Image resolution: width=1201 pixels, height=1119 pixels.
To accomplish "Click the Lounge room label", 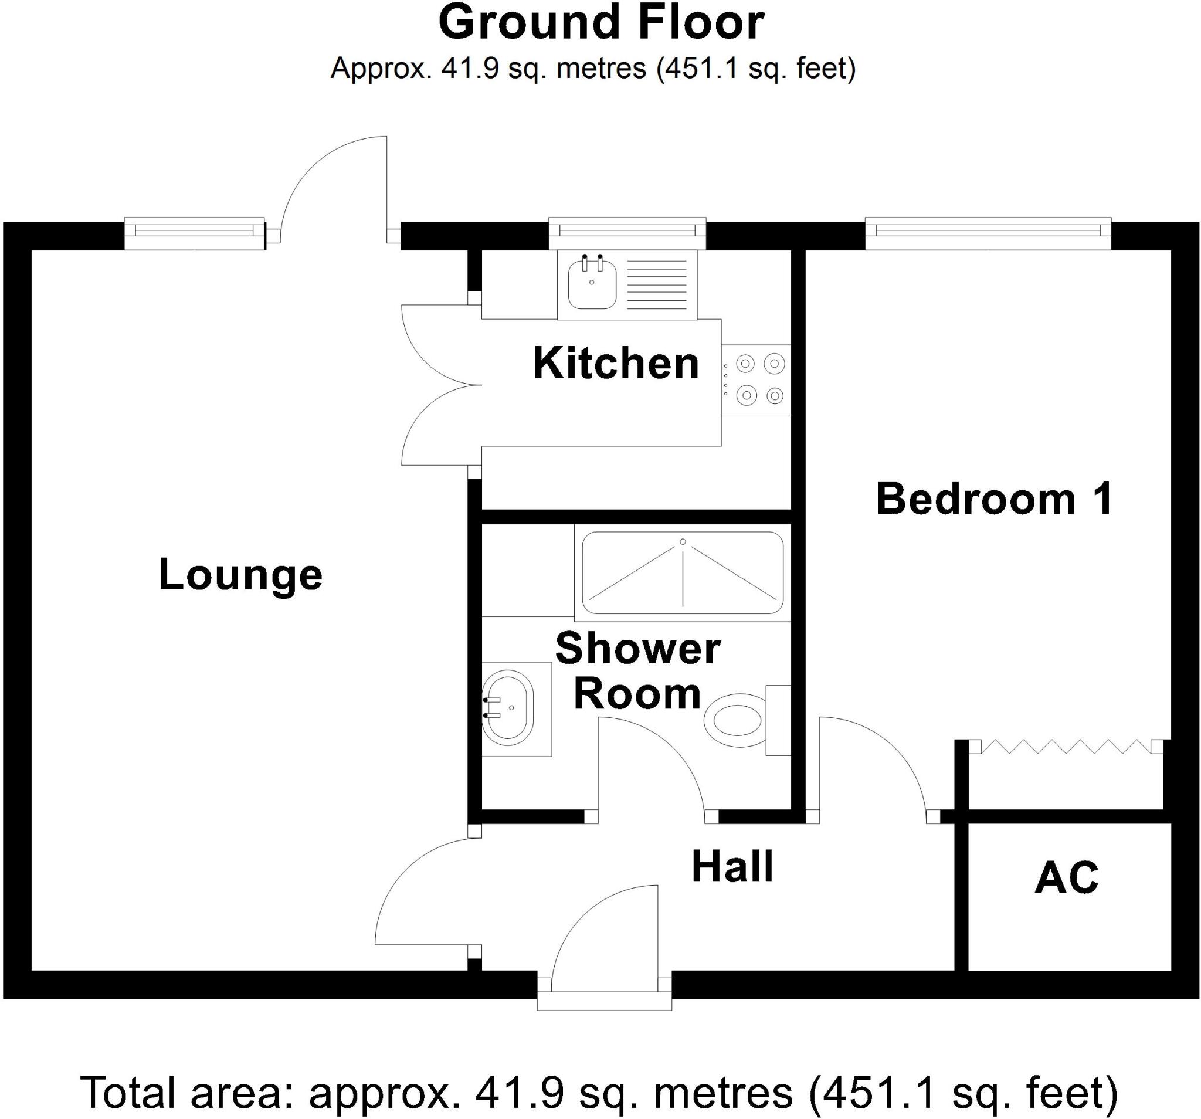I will click(240, 575).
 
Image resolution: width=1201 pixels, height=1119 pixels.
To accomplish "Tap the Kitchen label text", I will click(616, 363).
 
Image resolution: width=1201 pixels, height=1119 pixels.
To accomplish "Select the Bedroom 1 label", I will click(994, 499).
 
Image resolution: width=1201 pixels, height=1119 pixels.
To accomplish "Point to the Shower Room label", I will click(637, 671).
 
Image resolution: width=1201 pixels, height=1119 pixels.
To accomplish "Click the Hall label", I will click(732, 867).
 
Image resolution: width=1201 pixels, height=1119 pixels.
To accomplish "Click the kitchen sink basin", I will click(592, 283).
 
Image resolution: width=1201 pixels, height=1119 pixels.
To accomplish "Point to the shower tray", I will click(683, 572).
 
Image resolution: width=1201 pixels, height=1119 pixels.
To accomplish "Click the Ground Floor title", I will click(600, 23).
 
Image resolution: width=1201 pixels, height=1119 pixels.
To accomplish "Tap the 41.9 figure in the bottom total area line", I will click(519, 1093).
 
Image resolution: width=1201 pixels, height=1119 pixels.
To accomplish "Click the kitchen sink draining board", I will click(657, 283).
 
